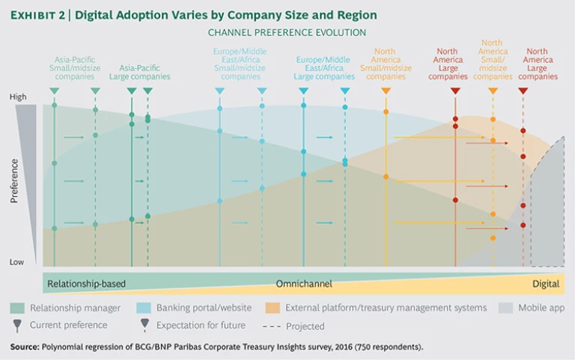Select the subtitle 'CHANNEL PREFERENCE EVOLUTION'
(x=287, y=33)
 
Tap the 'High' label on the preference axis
(x=17, y=97)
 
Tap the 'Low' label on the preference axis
(x=17, y=262)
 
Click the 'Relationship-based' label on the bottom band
(x=86, y=284)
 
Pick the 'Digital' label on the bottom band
(x=546, y=284)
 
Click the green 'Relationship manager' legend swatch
(x=19, y=308)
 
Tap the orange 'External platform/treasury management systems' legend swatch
(x=274, y=308)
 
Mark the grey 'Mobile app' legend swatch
(x=506, y=308)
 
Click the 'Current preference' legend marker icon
(x=18, y=325)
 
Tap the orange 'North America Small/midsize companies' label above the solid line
(x=386, y=64)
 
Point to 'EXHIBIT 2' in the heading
(x=37, y=15)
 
